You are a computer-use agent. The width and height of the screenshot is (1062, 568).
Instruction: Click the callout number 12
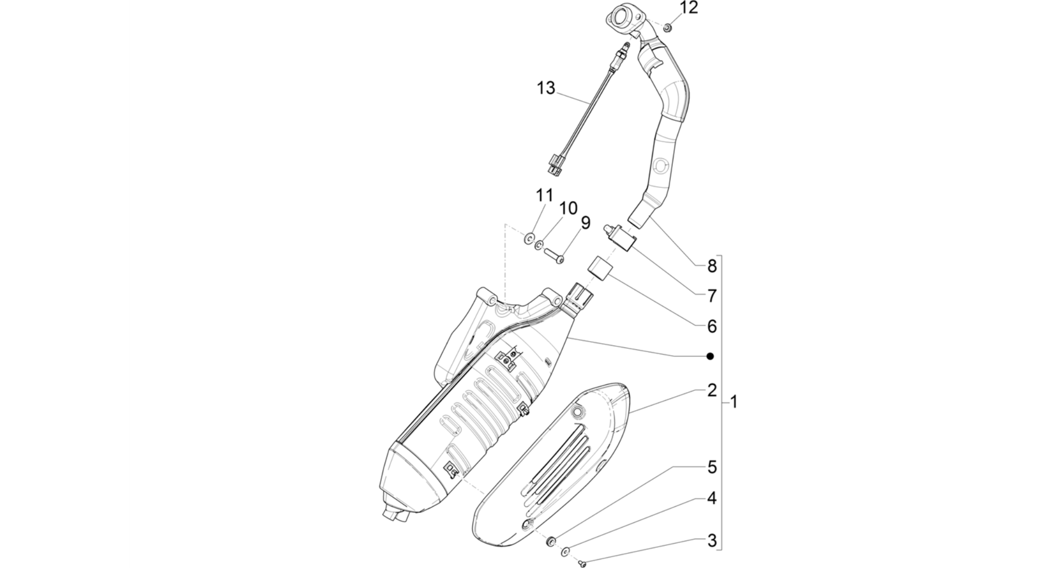tap(689, 8)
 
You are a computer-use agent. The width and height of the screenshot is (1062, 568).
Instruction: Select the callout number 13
tap(546, 88)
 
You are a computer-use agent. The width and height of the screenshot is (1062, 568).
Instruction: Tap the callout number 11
tap(545, 196)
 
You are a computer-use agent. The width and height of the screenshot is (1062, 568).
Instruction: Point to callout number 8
tap(712, 266)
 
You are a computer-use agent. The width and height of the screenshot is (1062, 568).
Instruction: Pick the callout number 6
tap(712, 327)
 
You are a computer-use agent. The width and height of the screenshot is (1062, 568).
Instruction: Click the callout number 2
tap(712, 390)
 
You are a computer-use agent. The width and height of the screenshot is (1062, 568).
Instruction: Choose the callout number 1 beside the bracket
tap(734, 402)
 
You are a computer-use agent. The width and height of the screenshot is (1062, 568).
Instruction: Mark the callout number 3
tap(712, 540)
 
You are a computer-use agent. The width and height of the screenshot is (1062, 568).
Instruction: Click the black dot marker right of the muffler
tap(710, 356)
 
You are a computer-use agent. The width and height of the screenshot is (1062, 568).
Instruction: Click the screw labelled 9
tap(554, 256)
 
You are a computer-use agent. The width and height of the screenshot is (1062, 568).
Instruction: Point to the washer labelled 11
tap(529, 238)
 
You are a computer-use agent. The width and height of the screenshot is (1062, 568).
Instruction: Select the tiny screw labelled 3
tap(582, 562)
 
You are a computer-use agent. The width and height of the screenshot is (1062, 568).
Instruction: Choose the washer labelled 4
tap(565, 551)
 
